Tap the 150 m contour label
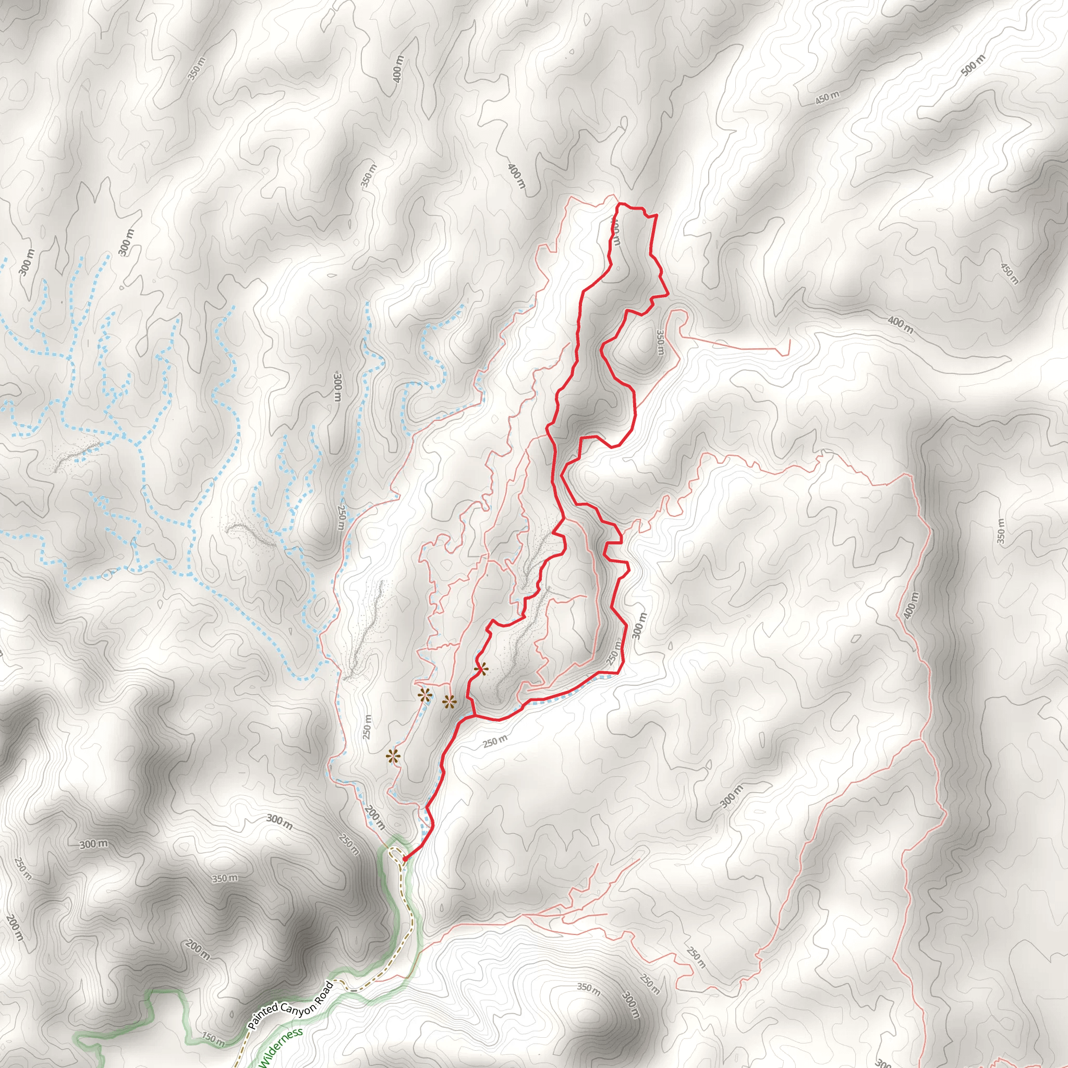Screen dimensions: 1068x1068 click(x=213, y=1039)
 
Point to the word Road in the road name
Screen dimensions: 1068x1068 click(x=326, y=982)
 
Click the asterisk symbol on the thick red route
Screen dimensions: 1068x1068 click(x=481, y=670)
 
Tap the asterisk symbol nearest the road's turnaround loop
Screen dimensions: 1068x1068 click(x=393, y=756)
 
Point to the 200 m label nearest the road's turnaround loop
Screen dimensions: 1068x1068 click(x=375, y=818)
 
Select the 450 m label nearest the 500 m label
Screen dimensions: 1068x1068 click(x=828, y=98)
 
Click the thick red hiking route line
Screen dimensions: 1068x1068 click(x=578, y=332)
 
